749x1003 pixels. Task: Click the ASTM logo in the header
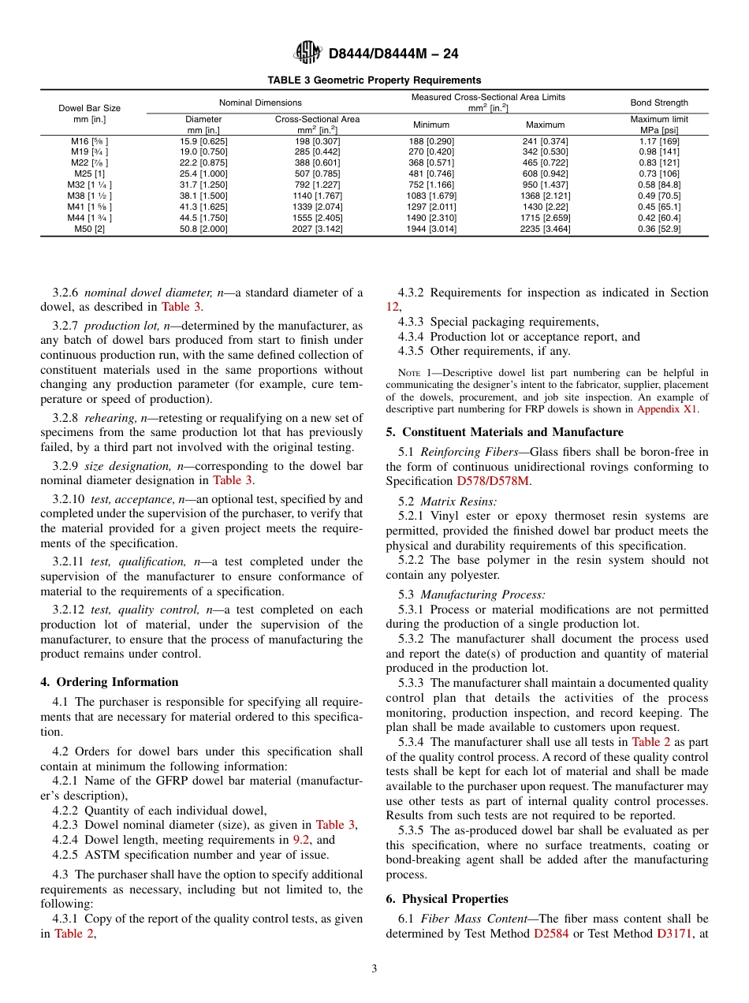[x=307, y=53]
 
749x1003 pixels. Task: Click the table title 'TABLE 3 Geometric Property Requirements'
[x=374, y=80]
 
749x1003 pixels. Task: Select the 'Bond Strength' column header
[x=658, y=103]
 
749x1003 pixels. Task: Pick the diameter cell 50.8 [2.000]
[x=203, y=229]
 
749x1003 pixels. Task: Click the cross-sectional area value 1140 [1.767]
[x=317, y=196]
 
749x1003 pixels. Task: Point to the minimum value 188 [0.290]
[x=431, y=140]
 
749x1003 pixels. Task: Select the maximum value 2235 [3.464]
[x=545, y=229]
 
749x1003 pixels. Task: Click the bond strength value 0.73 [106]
[x=658, y=173]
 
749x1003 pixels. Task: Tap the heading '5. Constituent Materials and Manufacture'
[x=505, y=432]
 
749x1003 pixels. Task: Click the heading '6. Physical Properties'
[x=447, y=899]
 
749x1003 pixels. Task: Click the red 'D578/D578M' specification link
[x=494, y=481]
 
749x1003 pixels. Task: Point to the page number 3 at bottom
[x=374, y=969]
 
